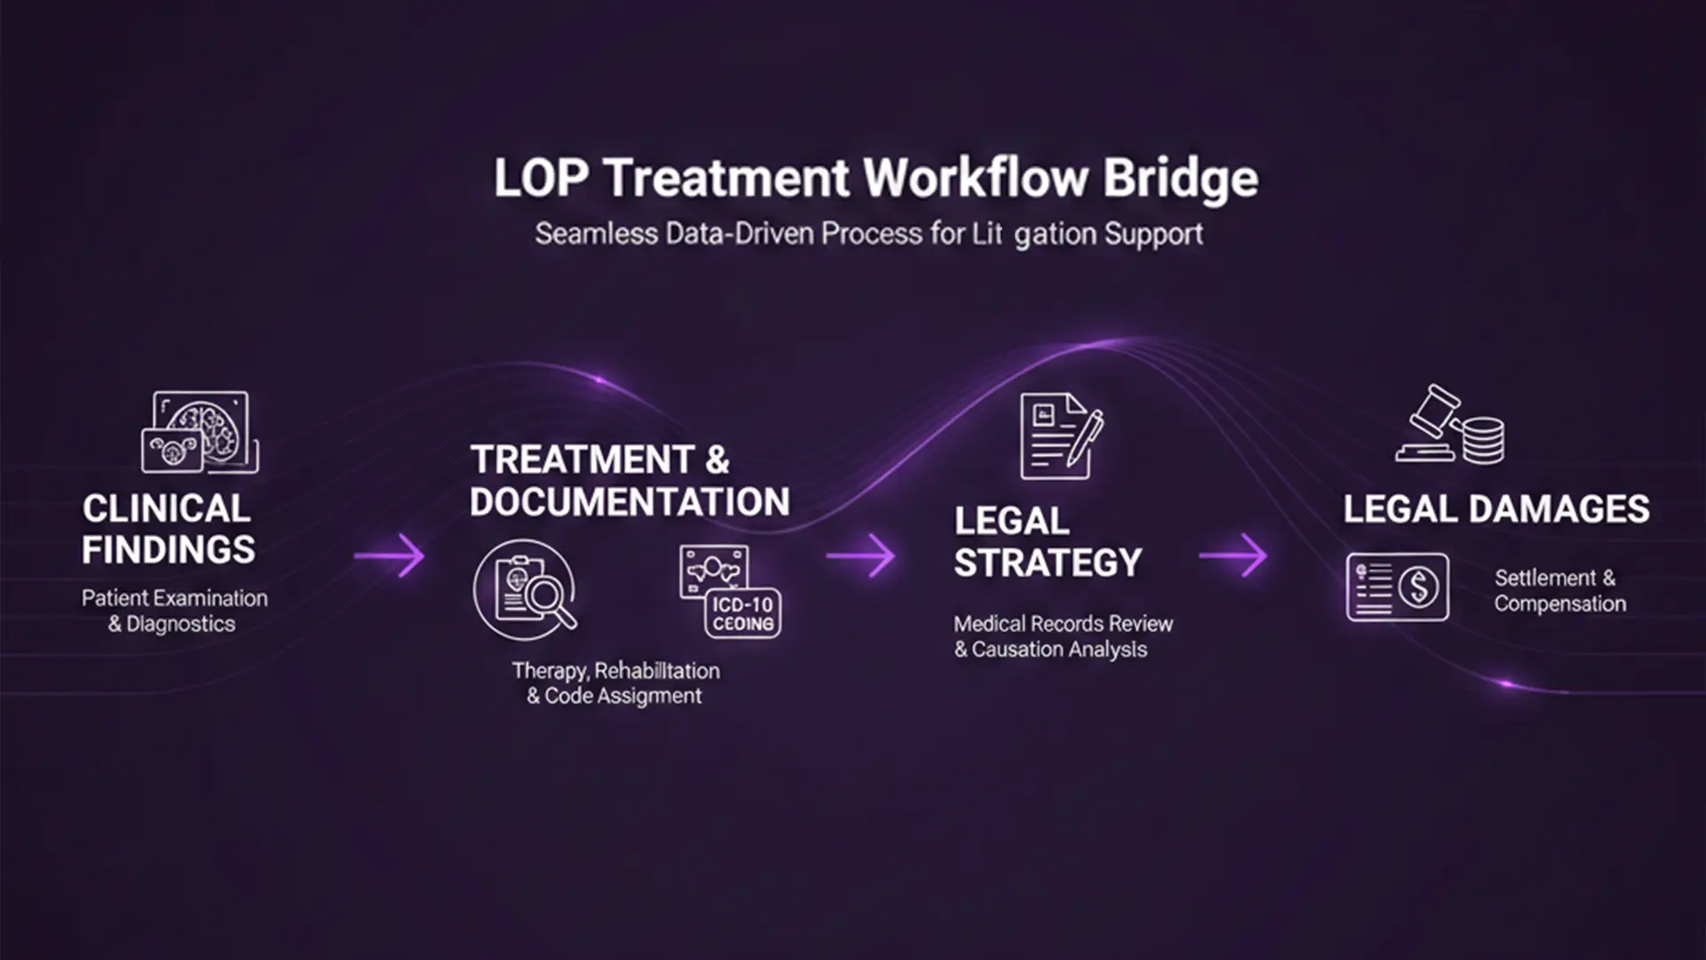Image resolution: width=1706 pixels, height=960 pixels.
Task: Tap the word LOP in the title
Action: (x=540, y=179)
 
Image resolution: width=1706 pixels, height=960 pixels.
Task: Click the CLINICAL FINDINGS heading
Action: (x=168, y=529)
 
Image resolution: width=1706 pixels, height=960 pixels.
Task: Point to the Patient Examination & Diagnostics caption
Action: (x=174, y=611)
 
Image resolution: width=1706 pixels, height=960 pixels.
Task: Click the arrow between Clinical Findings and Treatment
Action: (x=390, y=556)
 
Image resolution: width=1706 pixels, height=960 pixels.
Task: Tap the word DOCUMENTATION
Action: (x=629, y=502)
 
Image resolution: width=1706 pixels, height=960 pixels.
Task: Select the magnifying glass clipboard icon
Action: (x=525, y=590)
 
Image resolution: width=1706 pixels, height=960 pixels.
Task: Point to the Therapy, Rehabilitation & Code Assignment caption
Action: (x=615, y=683)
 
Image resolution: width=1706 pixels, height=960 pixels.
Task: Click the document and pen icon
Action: (x=1061, y=436)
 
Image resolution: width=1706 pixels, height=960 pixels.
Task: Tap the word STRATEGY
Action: (x=1048, y=563)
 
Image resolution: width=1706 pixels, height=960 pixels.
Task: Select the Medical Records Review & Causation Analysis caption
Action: (x=1063, y=636)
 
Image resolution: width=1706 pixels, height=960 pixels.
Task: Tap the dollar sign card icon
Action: (x=1397, y=587)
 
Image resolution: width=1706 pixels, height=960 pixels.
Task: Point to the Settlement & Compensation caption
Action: (x=1559, y=590)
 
